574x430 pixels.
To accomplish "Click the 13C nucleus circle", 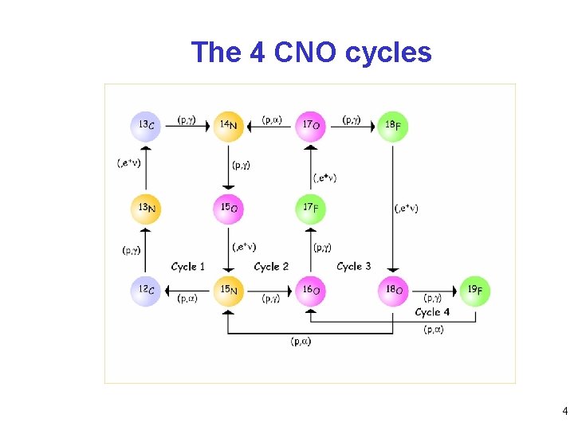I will pyautogui.click(x=146, y=126).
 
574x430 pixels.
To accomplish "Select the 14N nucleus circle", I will pyautogui.click(x=228, y=126).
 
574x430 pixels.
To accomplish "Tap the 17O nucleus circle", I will pyautogui.click(x=311, y=126).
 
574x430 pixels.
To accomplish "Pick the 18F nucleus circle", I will pyautogui.click(x=393, y=127).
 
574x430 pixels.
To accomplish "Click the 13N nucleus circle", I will pyautogui.click(x=146, y=209).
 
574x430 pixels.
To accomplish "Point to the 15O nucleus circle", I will pyautogui.click(x=228, y=209).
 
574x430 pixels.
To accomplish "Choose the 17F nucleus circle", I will pyautogui.click(x=311, y=209).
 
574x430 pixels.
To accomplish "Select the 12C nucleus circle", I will pyautogui.click(x=146, y=291).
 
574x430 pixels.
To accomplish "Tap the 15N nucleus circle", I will pyautogui.click(x=228, y=291).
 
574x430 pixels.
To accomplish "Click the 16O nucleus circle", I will pyautogui.click(x=311, y=291).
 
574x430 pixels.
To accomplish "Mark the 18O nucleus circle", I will pyautogui.click(x=393, y=291).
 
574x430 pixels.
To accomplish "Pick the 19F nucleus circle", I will pyautogui.click(x=476, y=291).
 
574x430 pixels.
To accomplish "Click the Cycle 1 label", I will pyautogui.click(x=188, y=267).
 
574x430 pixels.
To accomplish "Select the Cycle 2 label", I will pyautogui.click(x=271, y=267).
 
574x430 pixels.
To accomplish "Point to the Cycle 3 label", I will pyautogui.click(x=354, y=267).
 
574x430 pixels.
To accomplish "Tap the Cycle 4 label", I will pyautogui.click(x=433, y=312).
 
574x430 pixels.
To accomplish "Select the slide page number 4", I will pyautogui.click(x=564, y=412).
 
